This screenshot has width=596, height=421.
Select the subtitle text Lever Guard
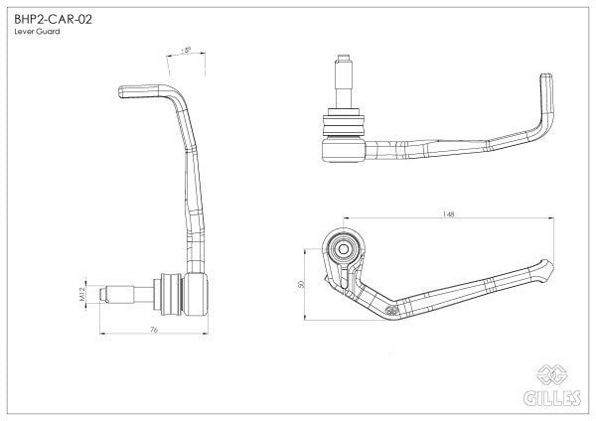pos(37,33)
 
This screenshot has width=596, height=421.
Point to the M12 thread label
pos(87,293)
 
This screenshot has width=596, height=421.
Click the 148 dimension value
pos(450,214)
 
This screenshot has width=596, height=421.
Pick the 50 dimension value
pos(302,282)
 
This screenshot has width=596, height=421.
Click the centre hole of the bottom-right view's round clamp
pos(344,246)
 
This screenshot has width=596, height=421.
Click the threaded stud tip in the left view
pos(112,294)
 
